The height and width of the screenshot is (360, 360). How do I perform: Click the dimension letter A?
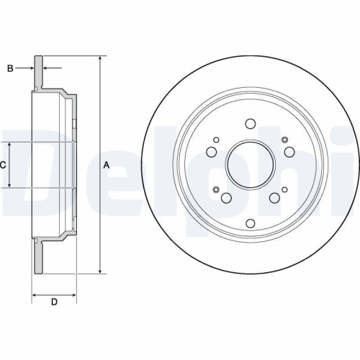[107, 165]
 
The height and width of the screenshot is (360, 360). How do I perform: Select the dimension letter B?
[9, 68]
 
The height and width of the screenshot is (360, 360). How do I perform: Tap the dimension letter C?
[3, 165]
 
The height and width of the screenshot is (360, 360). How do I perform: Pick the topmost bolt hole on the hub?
[249, 123]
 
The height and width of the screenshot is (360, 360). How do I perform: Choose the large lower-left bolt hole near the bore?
[225, 199]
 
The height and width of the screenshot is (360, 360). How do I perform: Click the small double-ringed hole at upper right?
[284, 140]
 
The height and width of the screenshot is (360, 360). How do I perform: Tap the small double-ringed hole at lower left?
[215, 189]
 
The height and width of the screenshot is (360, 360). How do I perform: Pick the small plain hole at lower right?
[284, 189]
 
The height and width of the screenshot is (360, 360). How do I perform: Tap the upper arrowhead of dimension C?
[10, 145]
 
